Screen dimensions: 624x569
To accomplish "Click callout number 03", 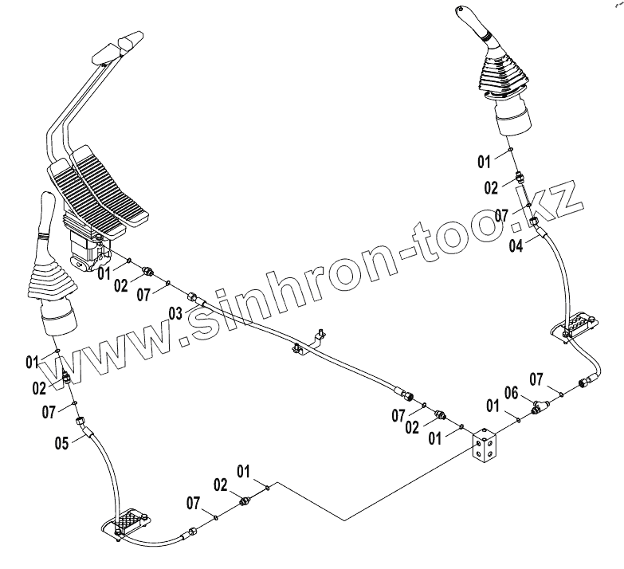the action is pos(175,313).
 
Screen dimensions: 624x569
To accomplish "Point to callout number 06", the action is pos(512,393).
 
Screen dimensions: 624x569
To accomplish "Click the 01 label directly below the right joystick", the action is pos(485,162).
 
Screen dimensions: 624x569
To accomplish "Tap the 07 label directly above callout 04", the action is pos(500,215).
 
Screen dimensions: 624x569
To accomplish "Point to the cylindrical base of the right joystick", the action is pos(512,121).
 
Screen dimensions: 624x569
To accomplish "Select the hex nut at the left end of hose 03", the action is pos(192,299).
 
